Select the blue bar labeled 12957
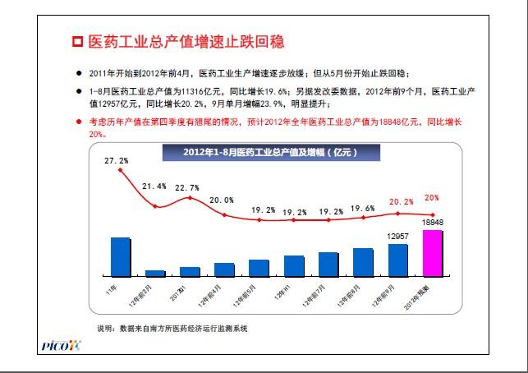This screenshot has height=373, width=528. point(397,259)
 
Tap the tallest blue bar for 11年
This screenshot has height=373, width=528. point(121,256)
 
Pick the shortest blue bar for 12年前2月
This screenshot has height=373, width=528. point(155,272)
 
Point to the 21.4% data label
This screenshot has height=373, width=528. point(154,186)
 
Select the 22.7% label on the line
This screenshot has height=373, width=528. point(189,186)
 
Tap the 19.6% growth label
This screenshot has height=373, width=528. point(361,208)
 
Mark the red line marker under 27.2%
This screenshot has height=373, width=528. point(121,170)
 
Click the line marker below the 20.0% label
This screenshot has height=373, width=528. point(224,211)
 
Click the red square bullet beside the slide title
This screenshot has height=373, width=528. point(78,41)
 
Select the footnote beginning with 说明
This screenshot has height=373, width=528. point(172,328)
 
